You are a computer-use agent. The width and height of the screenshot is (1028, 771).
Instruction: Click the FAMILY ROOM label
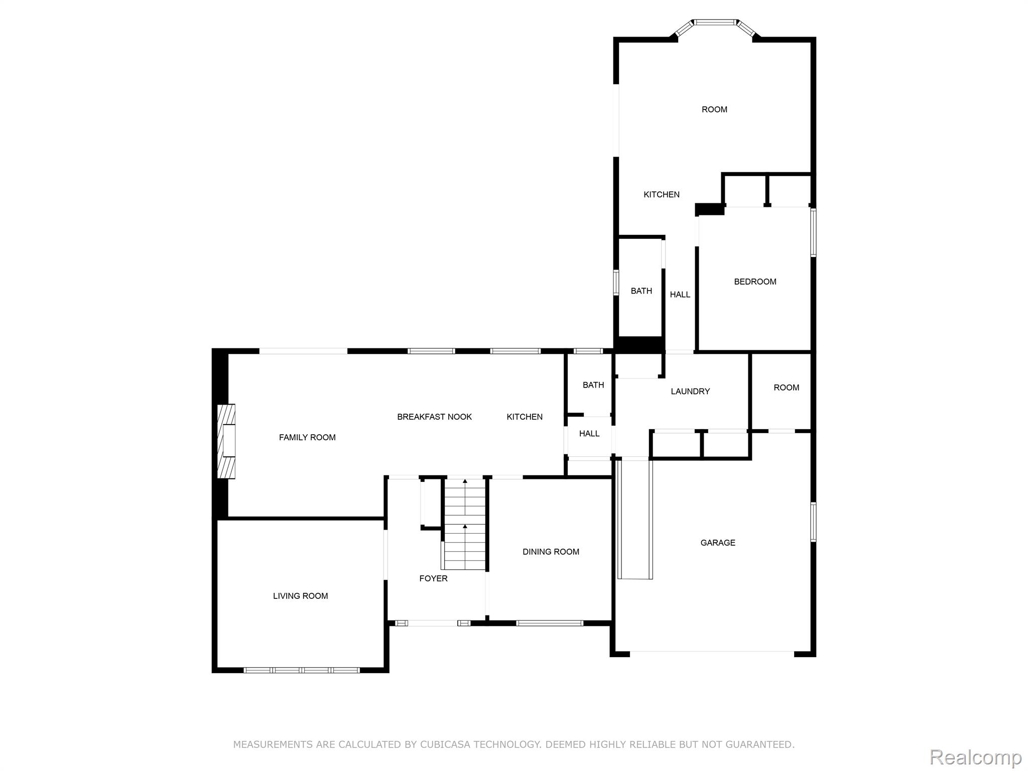307,437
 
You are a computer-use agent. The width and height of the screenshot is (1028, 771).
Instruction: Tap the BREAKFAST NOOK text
434,417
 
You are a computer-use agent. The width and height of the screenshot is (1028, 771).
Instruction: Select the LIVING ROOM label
300,596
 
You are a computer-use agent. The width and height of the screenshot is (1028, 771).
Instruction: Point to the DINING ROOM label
551,552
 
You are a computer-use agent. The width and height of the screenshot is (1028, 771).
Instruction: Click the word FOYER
433,578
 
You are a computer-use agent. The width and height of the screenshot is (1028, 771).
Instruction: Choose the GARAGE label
718,543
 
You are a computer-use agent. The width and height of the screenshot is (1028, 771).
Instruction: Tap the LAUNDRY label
690,391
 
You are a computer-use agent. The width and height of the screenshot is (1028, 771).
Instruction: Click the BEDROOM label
755,282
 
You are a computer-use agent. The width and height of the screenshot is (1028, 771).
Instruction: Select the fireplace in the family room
226,441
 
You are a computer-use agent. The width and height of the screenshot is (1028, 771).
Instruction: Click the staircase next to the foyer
465,525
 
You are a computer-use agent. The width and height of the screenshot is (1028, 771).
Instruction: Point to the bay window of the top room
715,23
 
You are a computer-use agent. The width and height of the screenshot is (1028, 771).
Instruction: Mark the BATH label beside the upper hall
641,291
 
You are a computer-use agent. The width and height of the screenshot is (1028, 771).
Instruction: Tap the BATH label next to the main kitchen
593,385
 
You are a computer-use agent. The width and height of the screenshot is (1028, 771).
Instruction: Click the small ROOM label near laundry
786,388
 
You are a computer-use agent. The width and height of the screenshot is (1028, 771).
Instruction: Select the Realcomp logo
975,757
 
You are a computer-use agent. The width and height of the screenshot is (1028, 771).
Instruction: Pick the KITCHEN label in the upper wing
661,194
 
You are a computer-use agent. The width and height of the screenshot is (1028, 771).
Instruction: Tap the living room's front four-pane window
302,670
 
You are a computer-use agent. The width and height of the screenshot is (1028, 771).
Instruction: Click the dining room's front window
550,623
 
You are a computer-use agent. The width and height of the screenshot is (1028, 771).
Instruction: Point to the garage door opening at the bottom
712,652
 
